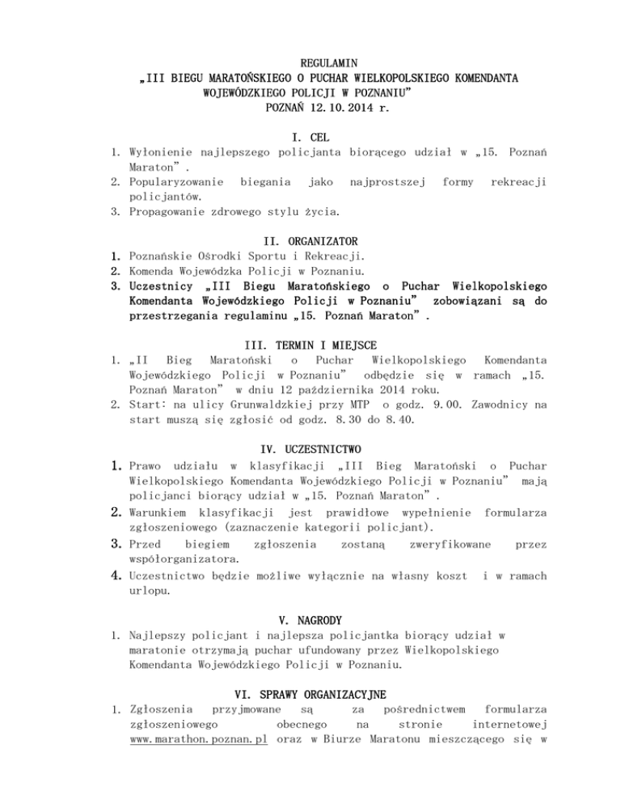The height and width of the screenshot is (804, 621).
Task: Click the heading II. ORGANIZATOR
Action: (311, 241)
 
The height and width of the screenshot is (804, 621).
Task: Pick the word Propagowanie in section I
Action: (164, 211)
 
